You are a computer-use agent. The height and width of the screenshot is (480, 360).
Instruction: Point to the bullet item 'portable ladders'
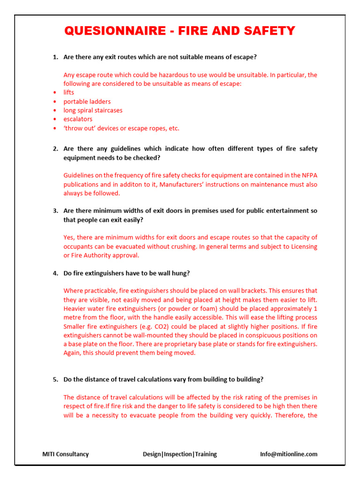tap(87, 101)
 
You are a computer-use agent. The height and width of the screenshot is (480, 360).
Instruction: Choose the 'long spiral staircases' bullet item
tap(93, 110)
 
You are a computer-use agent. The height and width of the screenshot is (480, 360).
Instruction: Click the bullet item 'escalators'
tap(78, 119)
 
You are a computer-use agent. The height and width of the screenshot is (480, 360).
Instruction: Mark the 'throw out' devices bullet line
tap(121, 128)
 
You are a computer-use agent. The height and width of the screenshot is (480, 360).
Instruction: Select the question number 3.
tap(55, 211)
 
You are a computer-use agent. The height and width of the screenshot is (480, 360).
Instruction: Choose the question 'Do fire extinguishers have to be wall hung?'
tap(126, 273)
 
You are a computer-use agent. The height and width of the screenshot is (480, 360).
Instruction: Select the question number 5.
tap(55, 379)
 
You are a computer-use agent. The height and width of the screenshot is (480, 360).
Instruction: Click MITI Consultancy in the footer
tap(65, 454)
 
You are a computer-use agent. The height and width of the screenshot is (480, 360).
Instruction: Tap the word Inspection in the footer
tap(178, 454)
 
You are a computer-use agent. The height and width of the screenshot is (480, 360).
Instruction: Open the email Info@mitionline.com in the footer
tap(288, 454)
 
